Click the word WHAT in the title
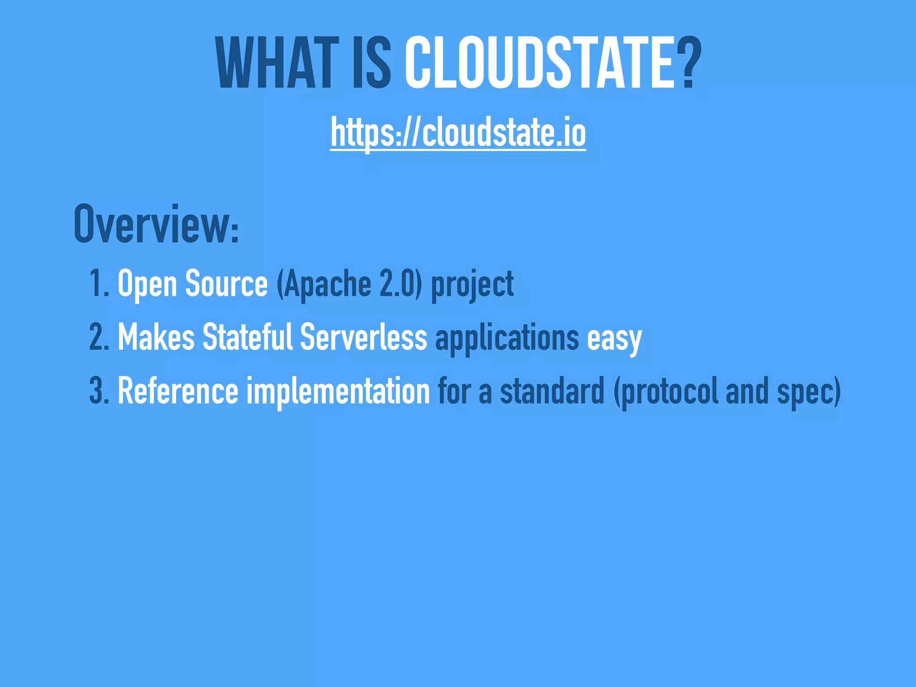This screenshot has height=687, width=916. [276, 64]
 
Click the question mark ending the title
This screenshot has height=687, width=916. [685, 64]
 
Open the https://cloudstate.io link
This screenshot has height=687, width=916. [458, 133]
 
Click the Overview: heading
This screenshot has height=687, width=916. [157, 225]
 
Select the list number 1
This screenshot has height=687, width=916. [98, 284]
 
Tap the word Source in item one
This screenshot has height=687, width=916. [226, 284]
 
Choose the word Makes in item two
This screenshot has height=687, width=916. [156, 337]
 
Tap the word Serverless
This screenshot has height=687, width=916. [364, 337]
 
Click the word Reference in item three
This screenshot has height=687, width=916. [178, 390]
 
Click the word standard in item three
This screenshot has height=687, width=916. [552, 390]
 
